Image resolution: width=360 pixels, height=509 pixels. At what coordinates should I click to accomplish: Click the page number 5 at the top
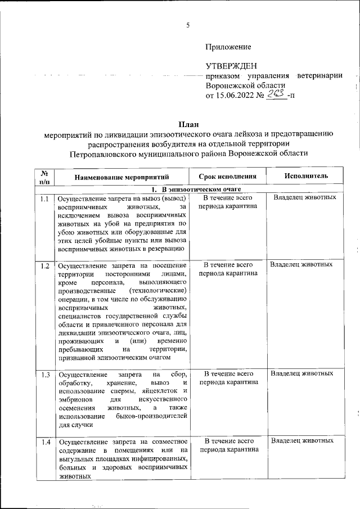[x=188, y=24]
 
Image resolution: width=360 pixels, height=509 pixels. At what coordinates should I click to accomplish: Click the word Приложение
[x=228, y=47]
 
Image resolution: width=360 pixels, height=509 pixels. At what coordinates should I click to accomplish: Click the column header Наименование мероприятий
[x=123, y=177]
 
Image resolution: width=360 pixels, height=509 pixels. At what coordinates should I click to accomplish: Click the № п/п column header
[x=45, y=177]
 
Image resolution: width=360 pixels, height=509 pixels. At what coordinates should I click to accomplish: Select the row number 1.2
[x=45, y=265]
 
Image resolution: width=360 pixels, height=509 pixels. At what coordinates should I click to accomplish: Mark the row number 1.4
[x=45, y=442]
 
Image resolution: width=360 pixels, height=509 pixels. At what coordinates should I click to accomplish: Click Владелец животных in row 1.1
[x=305, y=198]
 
